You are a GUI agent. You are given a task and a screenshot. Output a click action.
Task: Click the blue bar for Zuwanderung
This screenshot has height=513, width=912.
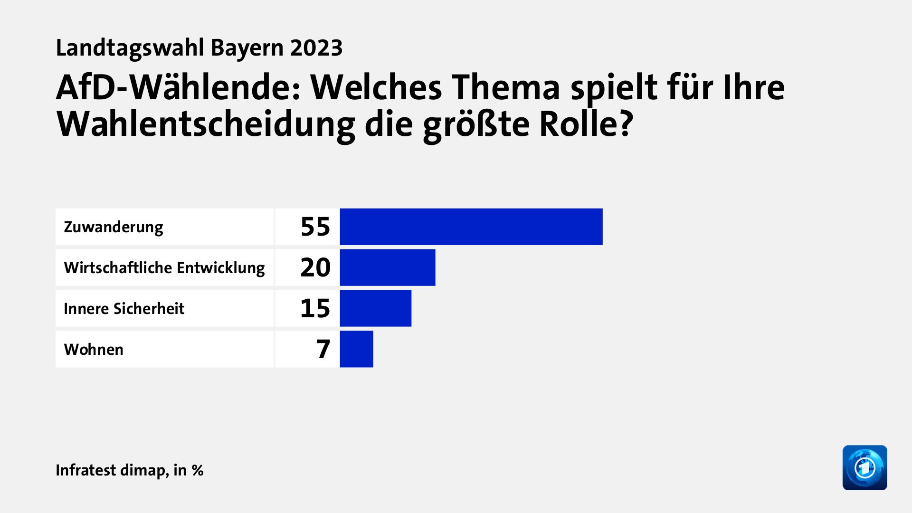(x=471, y=227)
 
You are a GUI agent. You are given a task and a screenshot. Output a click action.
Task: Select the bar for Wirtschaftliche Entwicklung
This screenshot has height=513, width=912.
(x=387, y=267)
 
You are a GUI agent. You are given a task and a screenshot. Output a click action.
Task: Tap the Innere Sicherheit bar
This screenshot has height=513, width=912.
(x=375, y=308)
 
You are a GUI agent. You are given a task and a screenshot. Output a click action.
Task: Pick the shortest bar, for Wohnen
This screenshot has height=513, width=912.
(x=356, y=349)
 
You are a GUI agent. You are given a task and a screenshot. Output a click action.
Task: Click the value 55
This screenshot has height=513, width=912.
(x=315, y=227)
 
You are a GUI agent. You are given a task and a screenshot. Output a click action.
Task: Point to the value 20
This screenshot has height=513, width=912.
(x=315, y=267)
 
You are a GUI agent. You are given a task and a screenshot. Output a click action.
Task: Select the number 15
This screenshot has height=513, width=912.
(x=315, y=308)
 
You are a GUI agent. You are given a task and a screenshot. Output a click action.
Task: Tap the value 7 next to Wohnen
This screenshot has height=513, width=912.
(x=323, y=349)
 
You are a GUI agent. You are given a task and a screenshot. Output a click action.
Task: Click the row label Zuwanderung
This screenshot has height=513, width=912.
(x=114, y=227)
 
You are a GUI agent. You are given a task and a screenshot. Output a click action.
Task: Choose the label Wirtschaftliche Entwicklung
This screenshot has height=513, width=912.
(x=164, y=268)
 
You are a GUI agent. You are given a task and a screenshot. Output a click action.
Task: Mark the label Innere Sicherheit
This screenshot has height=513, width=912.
(x=124, y=309)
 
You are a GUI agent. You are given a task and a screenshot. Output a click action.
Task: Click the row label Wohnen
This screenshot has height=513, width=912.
(x=94, y=350)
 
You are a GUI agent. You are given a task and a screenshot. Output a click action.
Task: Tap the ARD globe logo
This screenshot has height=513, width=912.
(x=864, y=467)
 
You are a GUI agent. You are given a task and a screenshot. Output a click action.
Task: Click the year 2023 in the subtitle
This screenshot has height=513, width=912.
(x=316, y=48)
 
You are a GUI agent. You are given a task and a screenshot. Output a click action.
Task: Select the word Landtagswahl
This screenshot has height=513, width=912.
(x=130, y=48)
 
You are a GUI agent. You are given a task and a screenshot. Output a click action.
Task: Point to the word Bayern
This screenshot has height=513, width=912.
(x=247, y=48)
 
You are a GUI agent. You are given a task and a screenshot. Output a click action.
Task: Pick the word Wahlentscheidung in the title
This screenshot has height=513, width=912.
(x=205, y=124)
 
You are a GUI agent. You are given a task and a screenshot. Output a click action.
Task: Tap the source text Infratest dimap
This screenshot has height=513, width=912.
(x=112, y=470)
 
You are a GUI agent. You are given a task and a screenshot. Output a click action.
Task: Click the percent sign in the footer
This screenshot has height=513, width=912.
(x=198, y=470)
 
